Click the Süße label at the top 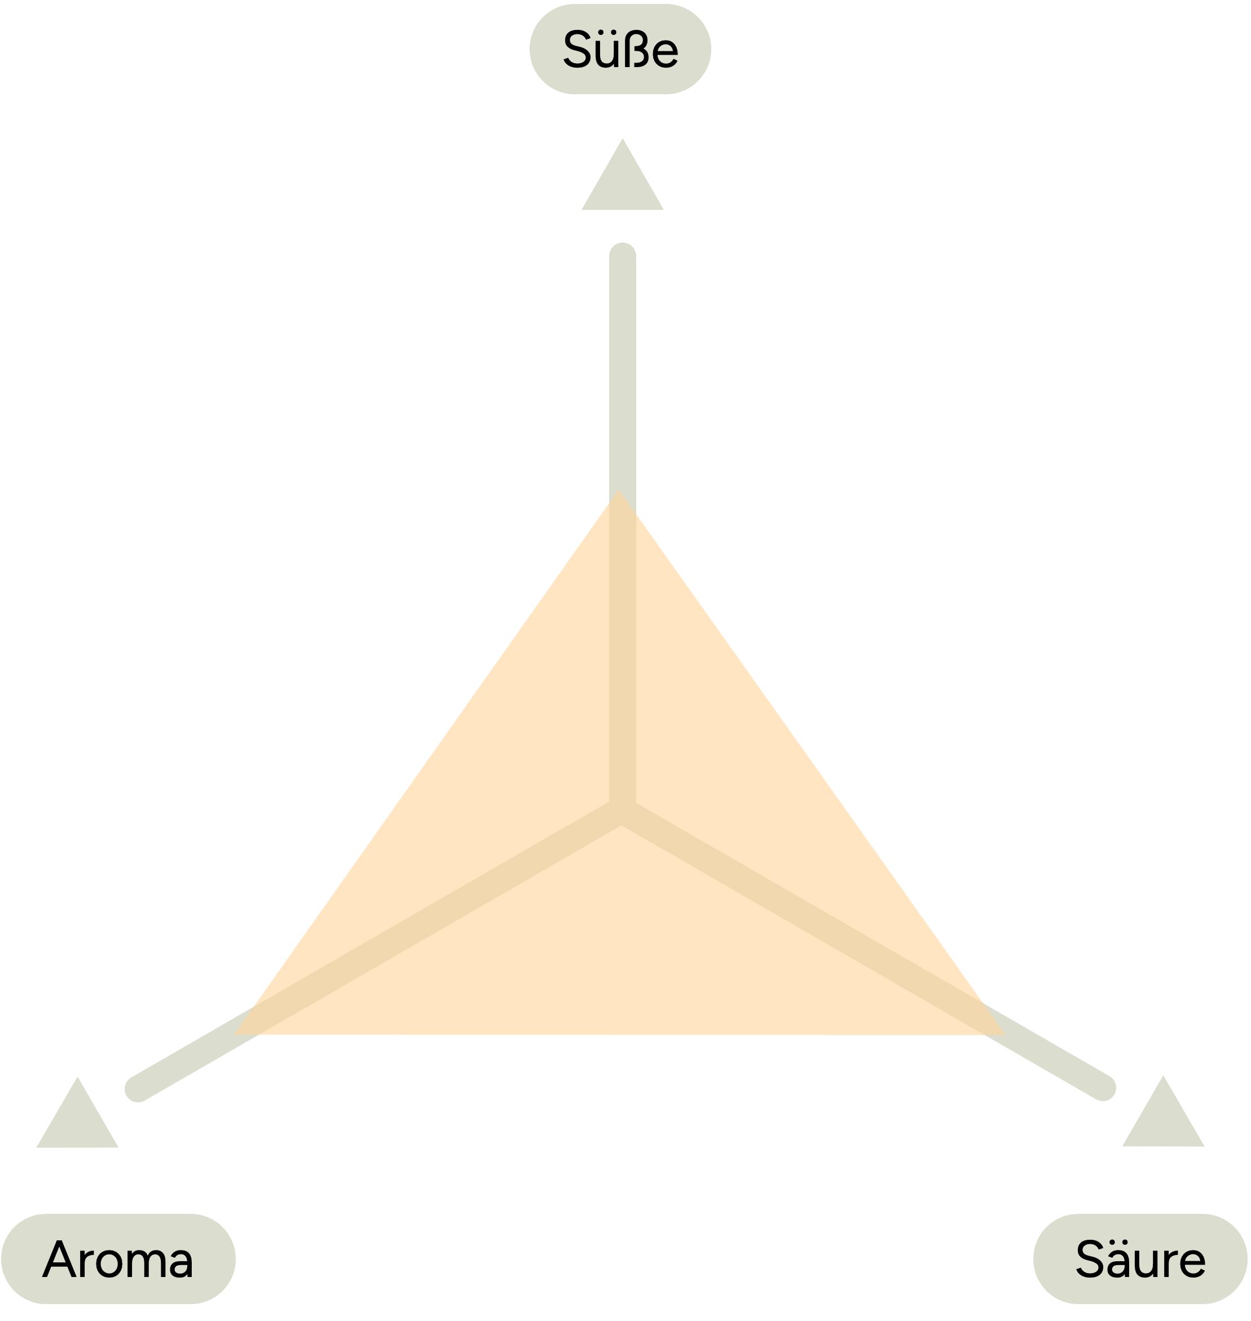coord(620,49)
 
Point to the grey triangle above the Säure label coord(1163,1120)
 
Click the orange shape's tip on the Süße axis coord(619,491)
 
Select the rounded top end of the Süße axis coord(622,256)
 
